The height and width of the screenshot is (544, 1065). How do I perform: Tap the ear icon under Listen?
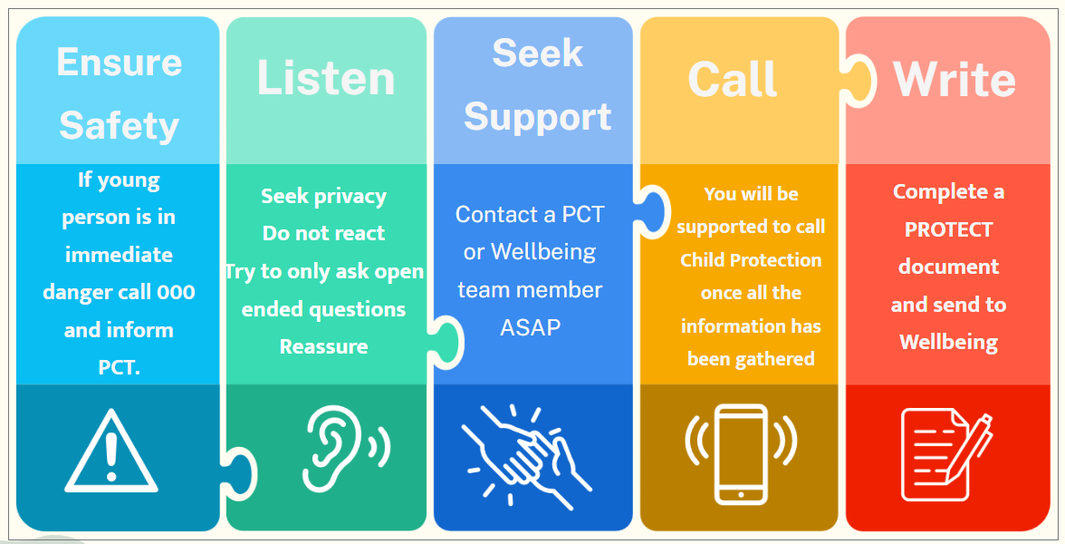click(346, 448)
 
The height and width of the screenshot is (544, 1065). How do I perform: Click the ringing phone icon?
click(741, 453)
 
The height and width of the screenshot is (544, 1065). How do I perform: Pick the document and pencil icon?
click(946, 453)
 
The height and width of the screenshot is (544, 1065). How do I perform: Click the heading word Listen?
click(326, 78)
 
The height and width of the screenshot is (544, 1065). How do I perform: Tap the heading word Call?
click(732, 79)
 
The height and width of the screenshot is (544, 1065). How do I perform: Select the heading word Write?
click(955, 80)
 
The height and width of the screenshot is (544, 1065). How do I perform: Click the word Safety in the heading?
click(119, 127)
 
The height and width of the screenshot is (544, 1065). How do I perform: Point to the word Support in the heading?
click(537, 116)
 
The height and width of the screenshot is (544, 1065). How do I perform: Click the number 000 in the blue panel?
click(176, 292)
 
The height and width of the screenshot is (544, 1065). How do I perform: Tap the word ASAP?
click(531, 327)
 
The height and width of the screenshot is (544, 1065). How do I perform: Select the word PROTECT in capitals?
click(948, 230)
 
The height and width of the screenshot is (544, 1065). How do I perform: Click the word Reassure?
click(324, 346)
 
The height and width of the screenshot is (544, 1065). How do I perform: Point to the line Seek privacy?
click(324, 197)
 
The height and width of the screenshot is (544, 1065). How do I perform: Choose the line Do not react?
click(324, 233)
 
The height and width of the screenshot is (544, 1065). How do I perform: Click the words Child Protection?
click(751, 260)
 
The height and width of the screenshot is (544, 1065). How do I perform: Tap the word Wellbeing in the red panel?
click(949, 342)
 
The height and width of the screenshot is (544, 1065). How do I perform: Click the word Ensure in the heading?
click(120, 63)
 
